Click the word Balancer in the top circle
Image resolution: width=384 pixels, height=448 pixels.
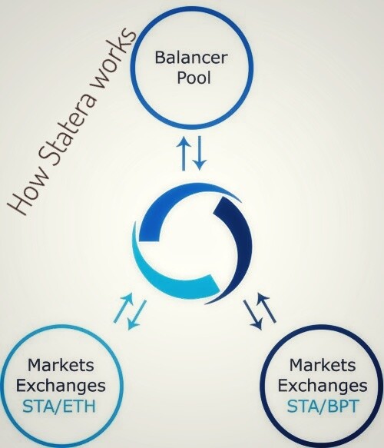coord(191,58)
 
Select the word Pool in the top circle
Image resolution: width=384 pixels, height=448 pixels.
coord(194,77)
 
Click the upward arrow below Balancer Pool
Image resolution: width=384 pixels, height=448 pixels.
coord(184,154)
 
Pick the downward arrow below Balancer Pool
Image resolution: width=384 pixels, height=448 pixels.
coord(200,153)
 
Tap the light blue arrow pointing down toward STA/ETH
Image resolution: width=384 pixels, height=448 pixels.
coord(137,314)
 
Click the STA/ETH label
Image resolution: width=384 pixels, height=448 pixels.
coord(59,407)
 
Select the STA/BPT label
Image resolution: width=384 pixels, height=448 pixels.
coord(322,407)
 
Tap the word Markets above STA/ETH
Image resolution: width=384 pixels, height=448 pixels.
coord(61,365)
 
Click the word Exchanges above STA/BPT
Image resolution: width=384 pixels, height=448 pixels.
coord(323,387)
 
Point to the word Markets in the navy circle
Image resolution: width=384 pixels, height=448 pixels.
coord(323,365)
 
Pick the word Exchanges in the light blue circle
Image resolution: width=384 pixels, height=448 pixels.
coord(61,387)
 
